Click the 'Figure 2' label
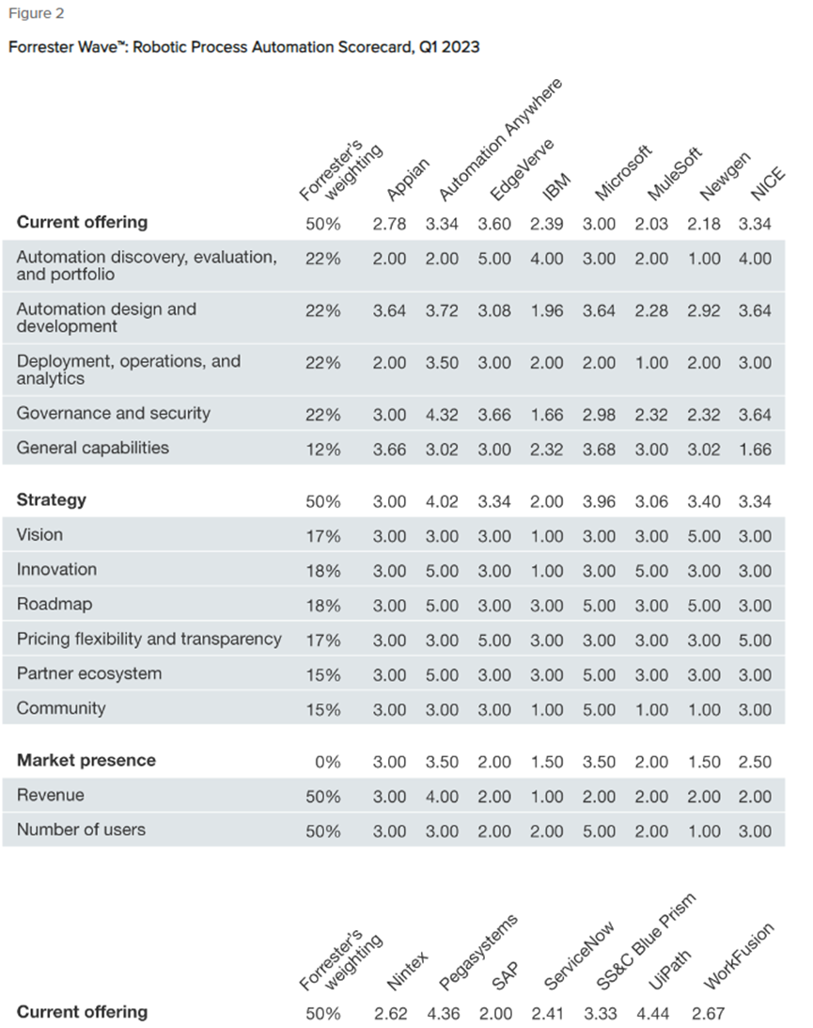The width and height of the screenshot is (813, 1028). click(x=37, y=14)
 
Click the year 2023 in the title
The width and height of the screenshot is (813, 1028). click(x=460, y=47)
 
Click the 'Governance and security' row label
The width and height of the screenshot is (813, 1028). click(x=114, y=414)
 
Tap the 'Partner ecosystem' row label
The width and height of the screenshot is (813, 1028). click(x=89, y=674)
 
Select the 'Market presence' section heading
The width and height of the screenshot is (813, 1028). click(x=86, y=760)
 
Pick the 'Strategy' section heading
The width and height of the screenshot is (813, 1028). click(x=52, y=500)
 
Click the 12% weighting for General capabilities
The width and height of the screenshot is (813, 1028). click(x=322, y=450)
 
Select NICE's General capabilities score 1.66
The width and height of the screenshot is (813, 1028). click(x=754, y=450)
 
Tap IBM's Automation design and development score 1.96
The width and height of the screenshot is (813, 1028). click(x=546, y=310)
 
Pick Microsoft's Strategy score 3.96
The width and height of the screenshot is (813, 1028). click(x=599, y=502)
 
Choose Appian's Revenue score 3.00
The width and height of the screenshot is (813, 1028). click(x=389, y=797)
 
